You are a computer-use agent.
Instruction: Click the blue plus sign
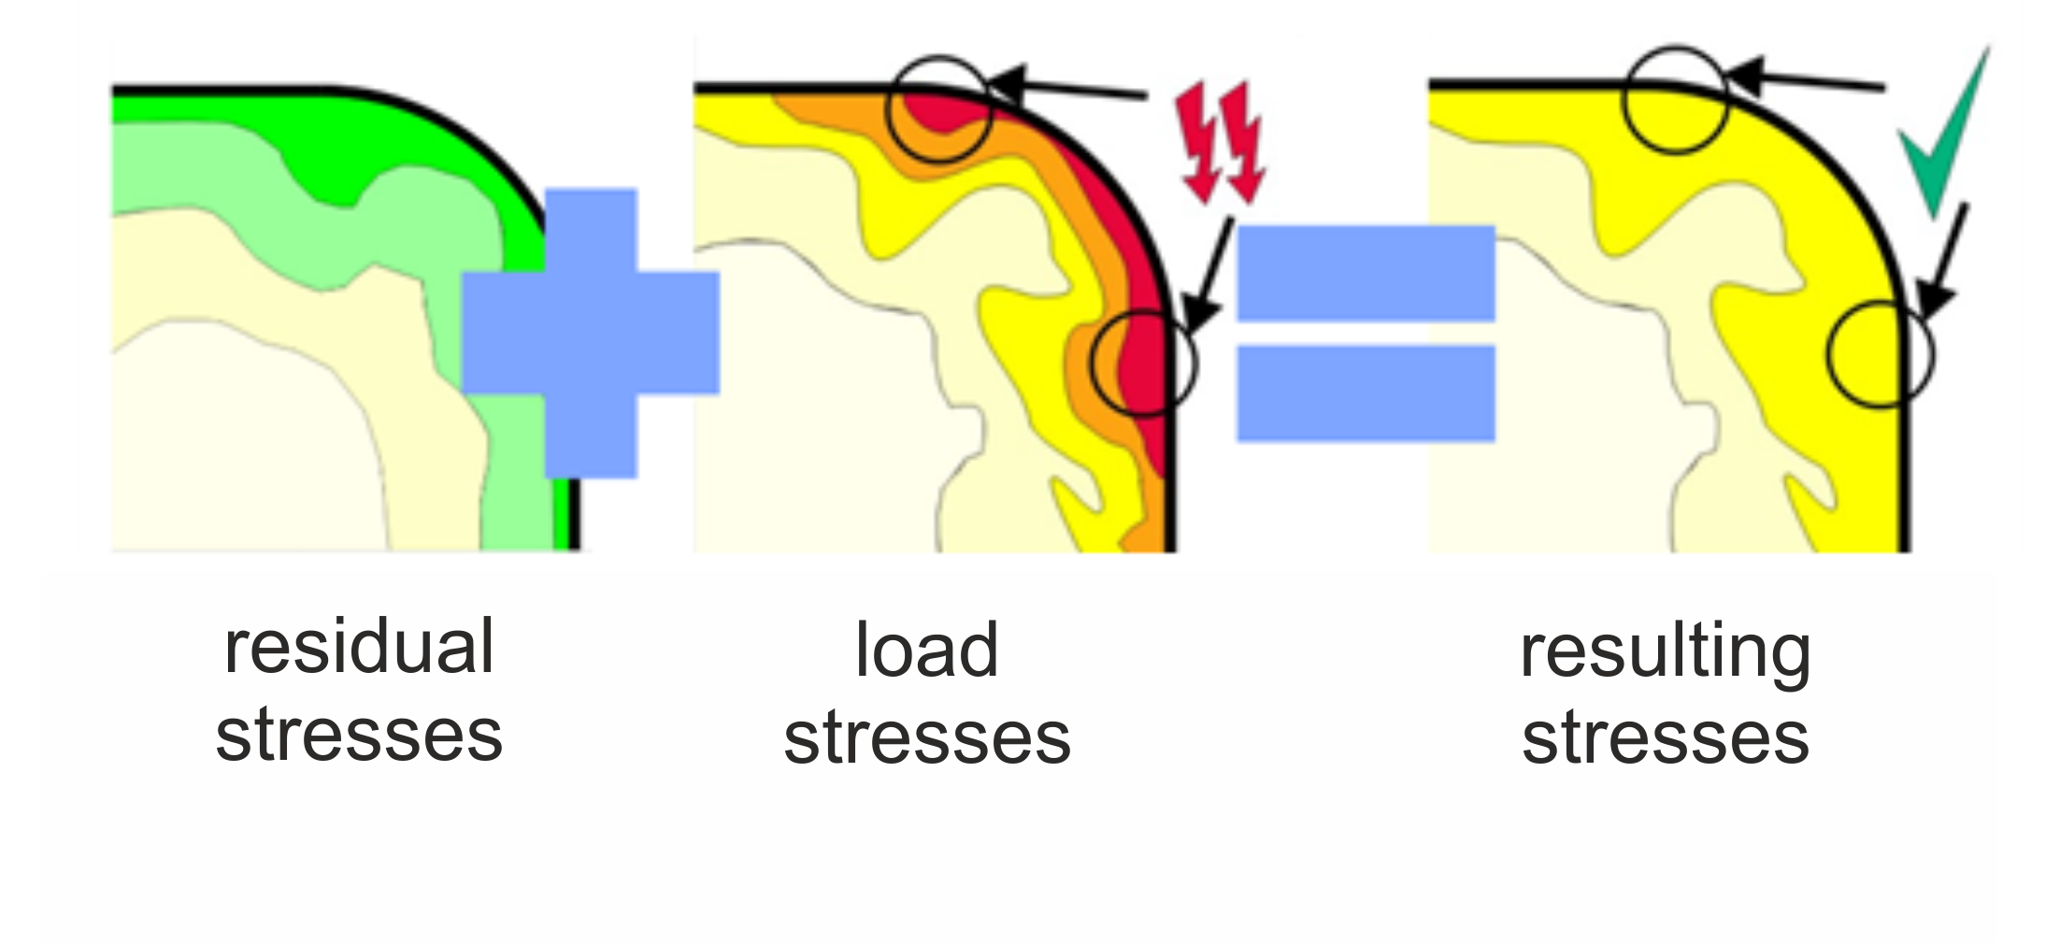tap(591, 333)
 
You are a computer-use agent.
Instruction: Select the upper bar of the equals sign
tap(1366, 273)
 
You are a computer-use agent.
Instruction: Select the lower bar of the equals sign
tap(1366, 393)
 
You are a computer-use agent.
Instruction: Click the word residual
tap(359, 647)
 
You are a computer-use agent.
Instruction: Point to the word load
tap(926, 650)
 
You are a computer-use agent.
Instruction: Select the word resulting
tap(1665, 654)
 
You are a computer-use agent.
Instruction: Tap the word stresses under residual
tap(359, 736)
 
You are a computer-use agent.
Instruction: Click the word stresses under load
tap(927, 738)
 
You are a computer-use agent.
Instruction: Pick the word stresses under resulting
tap(1666, 738)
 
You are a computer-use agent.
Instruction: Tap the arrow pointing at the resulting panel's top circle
tap(1805, 80)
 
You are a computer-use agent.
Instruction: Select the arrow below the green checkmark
tap(1942, 262)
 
